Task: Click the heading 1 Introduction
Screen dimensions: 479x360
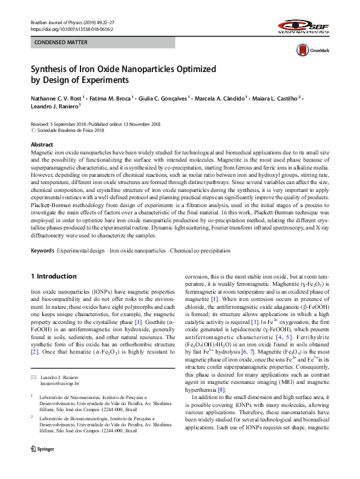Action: click(55, 276)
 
